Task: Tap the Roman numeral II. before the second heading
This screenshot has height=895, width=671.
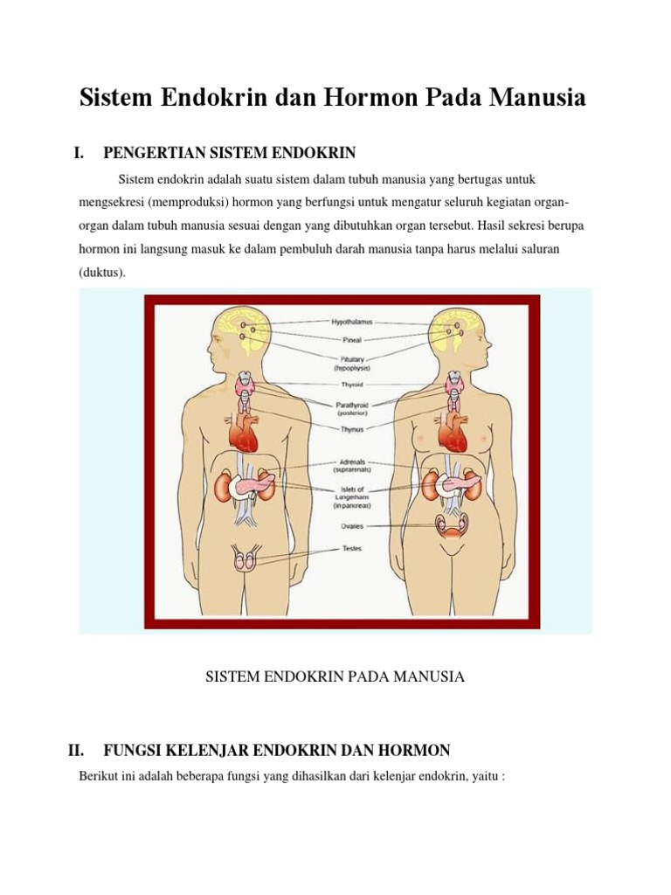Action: pyautogui.click(x=75, y=750)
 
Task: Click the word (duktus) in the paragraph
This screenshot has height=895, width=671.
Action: pyautogui.click(x=102, y=272)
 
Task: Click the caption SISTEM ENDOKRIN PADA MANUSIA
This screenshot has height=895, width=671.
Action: pyautogui.click(x=335, y=676)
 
